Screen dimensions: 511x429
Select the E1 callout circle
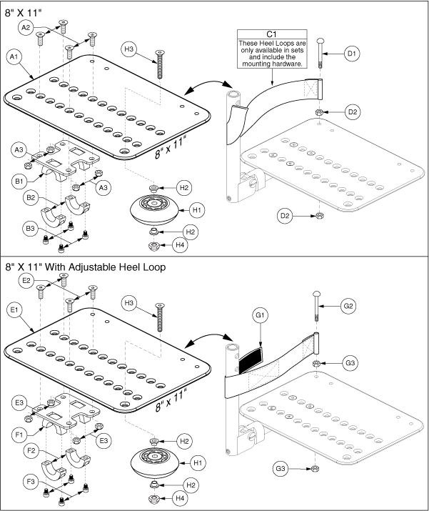16,309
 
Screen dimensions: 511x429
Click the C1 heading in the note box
271,34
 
